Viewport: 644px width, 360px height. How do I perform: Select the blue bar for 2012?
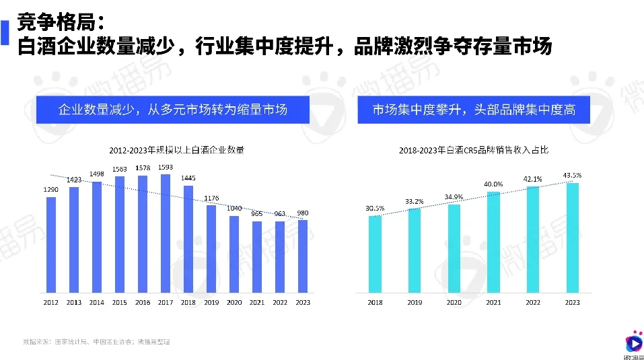pyautogui.click(x=51, y=245)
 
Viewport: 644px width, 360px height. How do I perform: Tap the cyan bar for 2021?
pyautogui.click(x=493, y=242)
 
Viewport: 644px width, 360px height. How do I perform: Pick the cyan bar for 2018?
pyautogui.click(x=375, y=254)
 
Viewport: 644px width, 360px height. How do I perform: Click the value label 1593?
pyautogui.click(x=166, y=168)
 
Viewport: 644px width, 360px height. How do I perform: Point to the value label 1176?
pyautogui.click(x=211, y=198)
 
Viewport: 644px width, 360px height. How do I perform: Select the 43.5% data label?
pyautogui.click(x=572, y=176)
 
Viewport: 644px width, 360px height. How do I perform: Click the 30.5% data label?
pyautogui.click(x=375, y=209)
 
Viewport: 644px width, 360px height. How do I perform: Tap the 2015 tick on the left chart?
pyautogui.click(x=120, y=303)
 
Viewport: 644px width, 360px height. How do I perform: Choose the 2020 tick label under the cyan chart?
pyautogui.click(x=454, y=303)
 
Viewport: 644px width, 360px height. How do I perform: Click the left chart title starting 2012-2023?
pyautogui.click(x=176, y=150)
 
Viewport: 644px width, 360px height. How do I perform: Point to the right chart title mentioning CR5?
pyautogui.click(x=473, y=150)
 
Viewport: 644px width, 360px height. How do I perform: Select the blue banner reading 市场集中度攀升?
pyautogui.click(x=474, y=109)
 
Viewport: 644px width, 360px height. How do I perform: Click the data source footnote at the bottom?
pyautogui.click(x=96, y=342)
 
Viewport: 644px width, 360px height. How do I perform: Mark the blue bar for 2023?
pyautogui.click(x=303, y=257)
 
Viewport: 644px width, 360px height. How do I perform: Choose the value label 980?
pyautogui.click(x=303, y=213)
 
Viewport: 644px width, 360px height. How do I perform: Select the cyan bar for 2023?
pyautogui.click(x=573, y=238)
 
